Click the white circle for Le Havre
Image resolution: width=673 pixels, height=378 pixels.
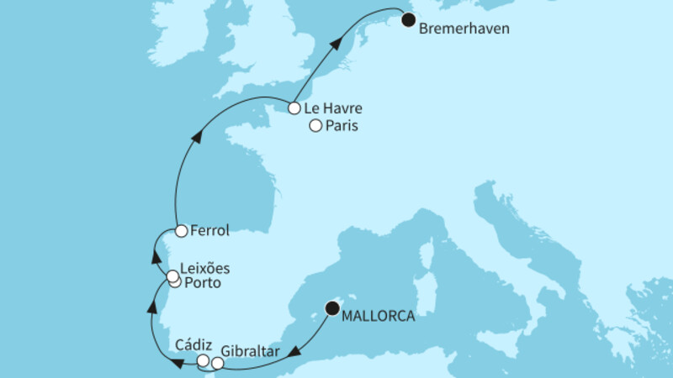tap(294, 108)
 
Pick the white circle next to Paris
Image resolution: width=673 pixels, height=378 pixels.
tap(315, 127)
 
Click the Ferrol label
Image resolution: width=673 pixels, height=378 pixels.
tap(211, 229)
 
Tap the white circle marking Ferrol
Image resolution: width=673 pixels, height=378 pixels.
tap(181, 229)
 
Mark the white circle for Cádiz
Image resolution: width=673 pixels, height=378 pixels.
tap(203, 360)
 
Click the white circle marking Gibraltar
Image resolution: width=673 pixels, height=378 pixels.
tap(218, 364)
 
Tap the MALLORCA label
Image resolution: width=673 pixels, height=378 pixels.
tap(379, 317)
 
